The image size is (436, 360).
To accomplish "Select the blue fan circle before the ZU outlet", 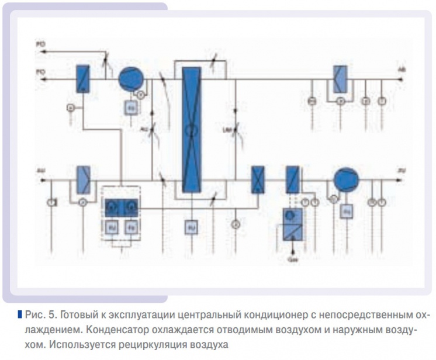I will coord(345,179).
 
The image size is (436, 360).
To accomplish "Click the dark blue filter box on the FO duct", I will coord(82,78).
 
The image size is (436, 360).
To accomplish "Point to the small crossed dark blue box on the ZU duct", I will coord(257,179).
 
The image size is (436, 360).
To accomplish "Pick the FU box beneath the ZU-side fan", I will coord(347,209).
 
